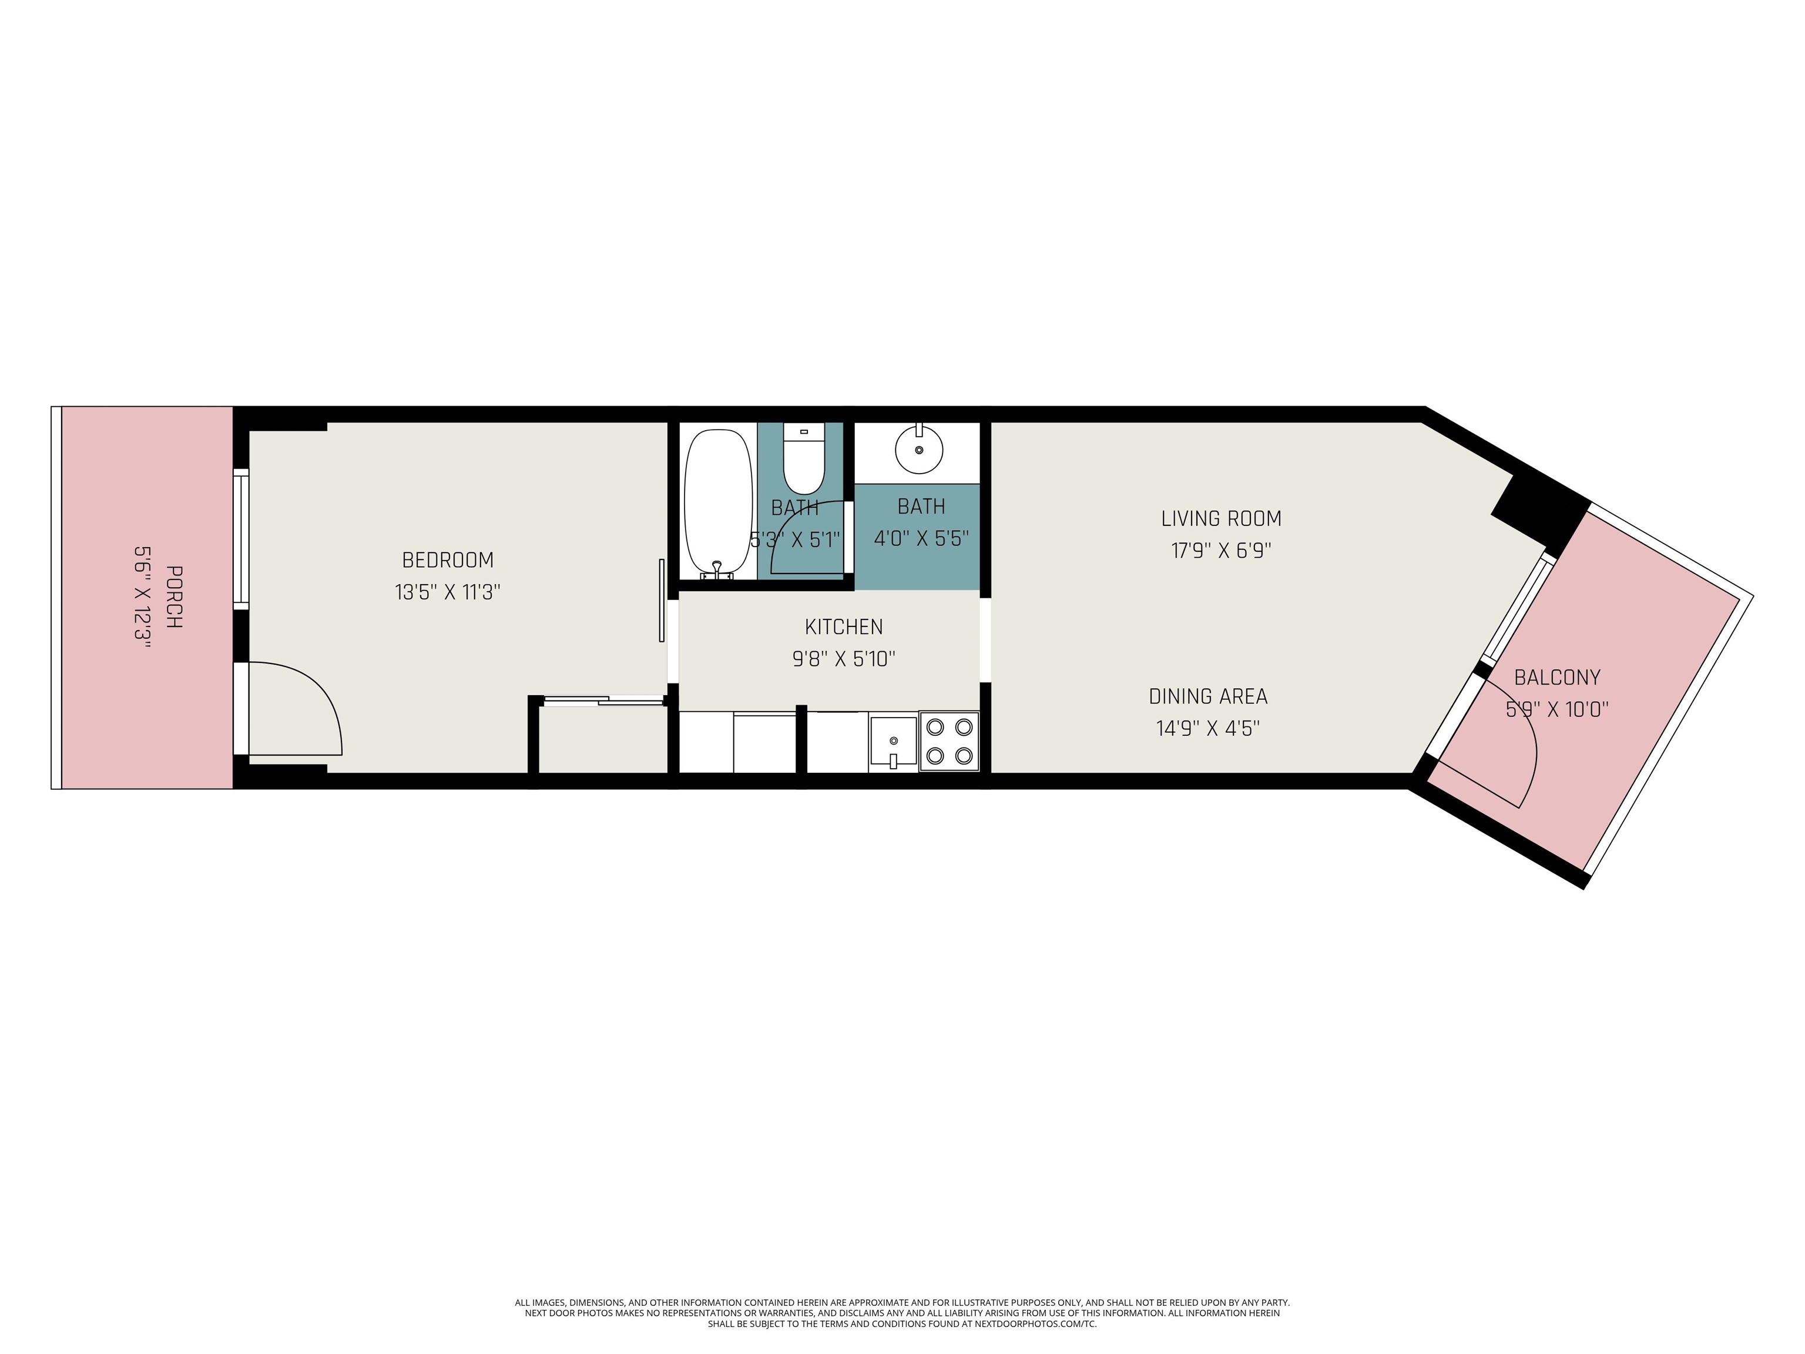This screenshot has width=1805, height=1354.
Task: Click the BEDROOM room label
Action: pos(447,560)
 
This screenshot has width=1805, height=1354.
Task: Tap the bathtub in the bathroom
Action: pos(717,502)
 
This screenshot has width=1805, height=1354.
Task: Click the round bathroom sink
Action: pos(919,450)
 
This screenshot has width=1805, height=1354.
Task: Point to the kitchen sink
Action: pos(893,741)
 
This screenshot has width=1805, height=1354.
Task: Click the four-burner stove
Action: pos(949,741)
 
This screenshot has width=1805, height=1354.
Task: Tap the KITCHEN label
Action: pos(844,627)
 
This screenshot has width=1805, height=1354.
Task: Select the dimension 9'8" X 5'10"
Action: pos(844,659)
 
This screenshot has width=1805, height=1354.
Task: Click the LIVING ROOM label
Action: pos(1221,518)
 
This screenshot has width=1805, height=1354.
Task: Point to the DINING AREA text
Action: pos(1207,696)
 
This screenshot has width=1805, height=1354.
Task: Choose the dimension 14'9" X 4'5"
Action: pos(1207,728)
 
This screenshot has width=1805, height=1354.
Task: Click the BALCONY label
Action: pos(1557,678)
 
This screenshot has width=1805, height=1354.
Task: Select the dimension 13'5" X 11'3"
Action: pos(447,592)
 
